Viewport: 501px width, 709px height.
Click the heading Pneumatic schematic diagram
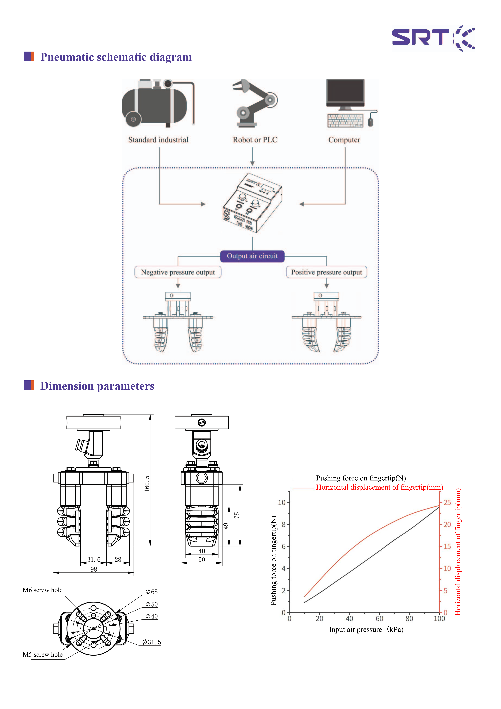point(116,57)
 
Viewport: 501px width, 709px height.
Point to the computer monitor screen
point(345,91)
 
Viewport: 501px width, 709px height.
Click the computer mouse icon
point(370,122)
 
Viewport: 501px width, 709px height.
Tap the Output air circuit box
point(252,256)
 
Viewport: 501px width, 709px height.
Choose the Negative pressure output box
point(178,272)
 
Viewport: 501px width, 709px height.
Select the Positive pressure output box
point(327,272)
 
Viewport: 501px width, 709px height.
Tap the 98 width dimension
point(94,569)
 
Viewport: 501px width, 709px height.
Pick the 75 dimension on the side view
point(236,515)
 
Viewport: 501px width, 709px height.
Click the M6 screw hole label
point(43,590)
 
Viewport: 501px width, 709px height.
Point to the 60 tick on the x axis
point(379,619)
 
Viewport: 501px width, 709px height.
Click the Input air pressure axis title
point(366,629)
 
